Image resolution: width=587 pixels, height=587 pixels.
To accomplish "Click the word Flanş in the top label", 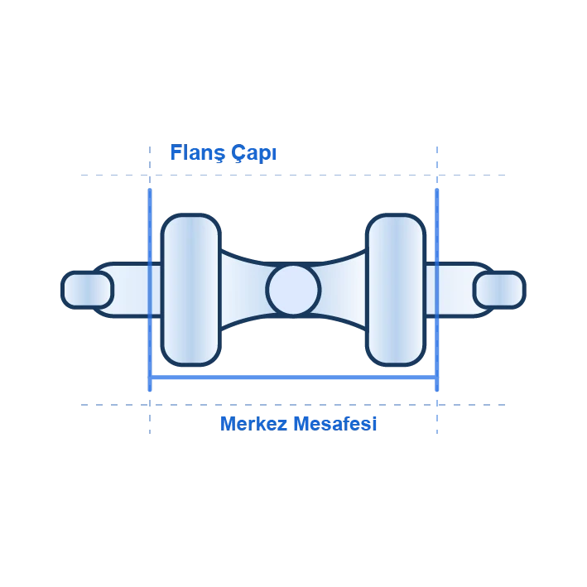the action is (198, 152).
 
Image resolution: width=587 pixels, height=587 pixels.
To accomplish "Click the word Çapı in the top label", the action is (253, 152).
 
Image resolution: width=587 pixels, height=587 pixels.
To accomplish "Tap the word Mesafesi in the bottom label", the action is (334, 424).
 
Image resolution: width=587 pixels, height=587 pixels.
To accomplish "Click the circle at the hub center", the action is (293, 290).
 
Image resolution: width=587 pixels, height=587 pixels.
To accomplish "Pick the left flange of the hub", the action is (191, 290).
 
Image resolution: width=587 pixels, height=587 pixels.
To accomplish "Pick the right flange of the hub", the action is (396, 290).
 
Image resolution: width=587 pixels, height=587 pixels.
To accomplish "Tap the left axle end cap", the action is (87, 290).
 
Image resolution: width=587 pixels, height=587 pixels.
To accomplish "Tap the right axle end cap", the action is (499, 290).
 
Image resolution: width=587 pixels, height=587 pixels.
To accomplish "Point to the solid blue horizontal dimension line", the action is (293, 378).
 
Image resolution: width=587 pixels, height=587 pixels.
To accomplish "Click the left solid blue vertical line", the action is (150, 290).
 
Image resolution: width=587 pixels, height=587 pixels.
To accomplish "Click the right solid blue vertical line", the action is (437, 290).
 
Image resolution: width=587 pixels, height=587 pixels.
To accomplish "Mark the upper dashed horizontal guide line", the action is (293, 175).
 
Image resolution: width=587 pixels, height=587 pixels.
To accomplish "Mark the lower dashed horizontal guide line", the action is (293, 405).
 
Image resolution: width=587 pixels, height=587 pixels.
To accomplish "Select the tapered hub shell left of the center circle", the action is (244, 290).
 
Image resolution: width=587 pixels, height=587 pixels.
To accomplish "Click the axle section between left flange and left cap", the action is (137, 290).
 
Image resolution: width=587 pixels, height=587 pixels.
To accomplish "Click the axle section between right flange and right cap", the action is (450, 290).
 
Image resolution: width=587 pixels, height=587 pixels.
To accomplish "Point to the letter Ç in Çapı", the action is (238, 153).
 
